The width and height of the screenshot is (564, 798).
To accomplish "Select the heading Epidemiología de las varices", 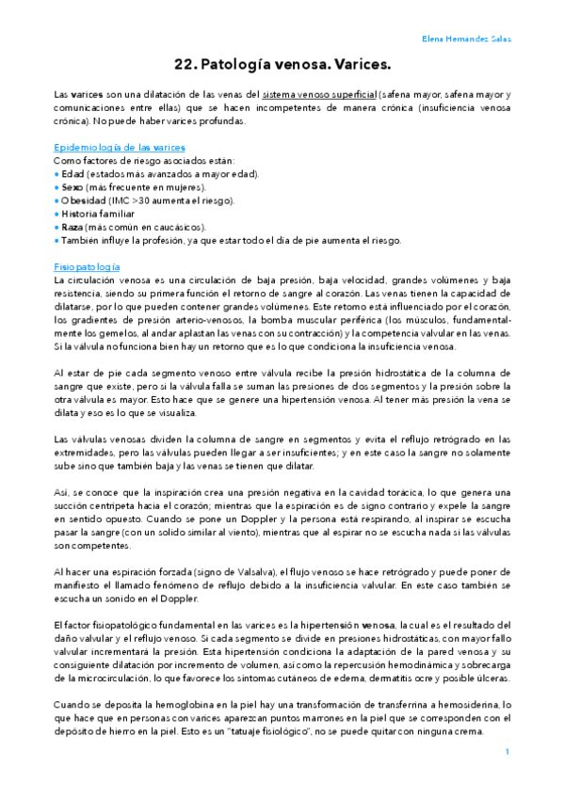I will (x=120, y=148).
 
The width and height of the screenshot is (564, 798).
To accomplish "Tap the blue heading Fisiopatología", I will (x=87, y=267).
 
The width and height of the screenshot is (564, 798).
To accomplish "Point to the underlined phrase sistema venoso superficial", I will (x=320, y=96).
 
